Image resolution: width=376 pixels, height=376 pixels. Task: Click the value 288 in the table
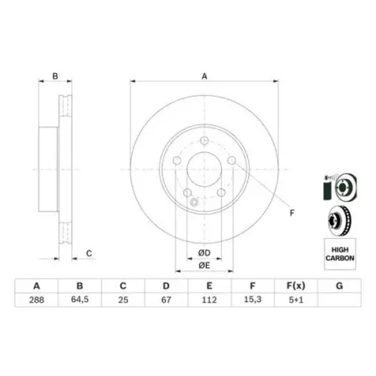point(36,300)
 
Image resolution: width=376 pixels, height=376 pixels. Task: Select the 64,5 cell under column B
point(80,300)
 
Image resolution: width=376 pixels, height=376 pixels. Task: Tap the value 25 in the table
point(123,300)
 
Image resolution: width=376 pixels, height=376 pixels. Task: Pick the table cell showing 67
point(166,300)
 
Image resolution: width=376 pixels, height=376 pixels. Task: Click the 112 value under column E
point(209,300)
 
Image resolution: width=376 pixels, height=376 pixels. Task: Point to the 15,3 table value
point(253,300)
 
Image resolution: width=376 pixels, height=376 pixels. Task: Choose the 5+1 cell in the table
point(296,300)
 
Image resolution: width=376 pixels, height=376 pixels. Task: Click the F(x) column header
point(296,286)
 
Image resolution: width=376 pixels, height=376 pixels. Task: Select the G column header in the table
point(339,286)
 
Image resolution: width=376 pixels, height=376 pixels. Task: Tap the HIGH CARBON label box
point(340,254)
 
